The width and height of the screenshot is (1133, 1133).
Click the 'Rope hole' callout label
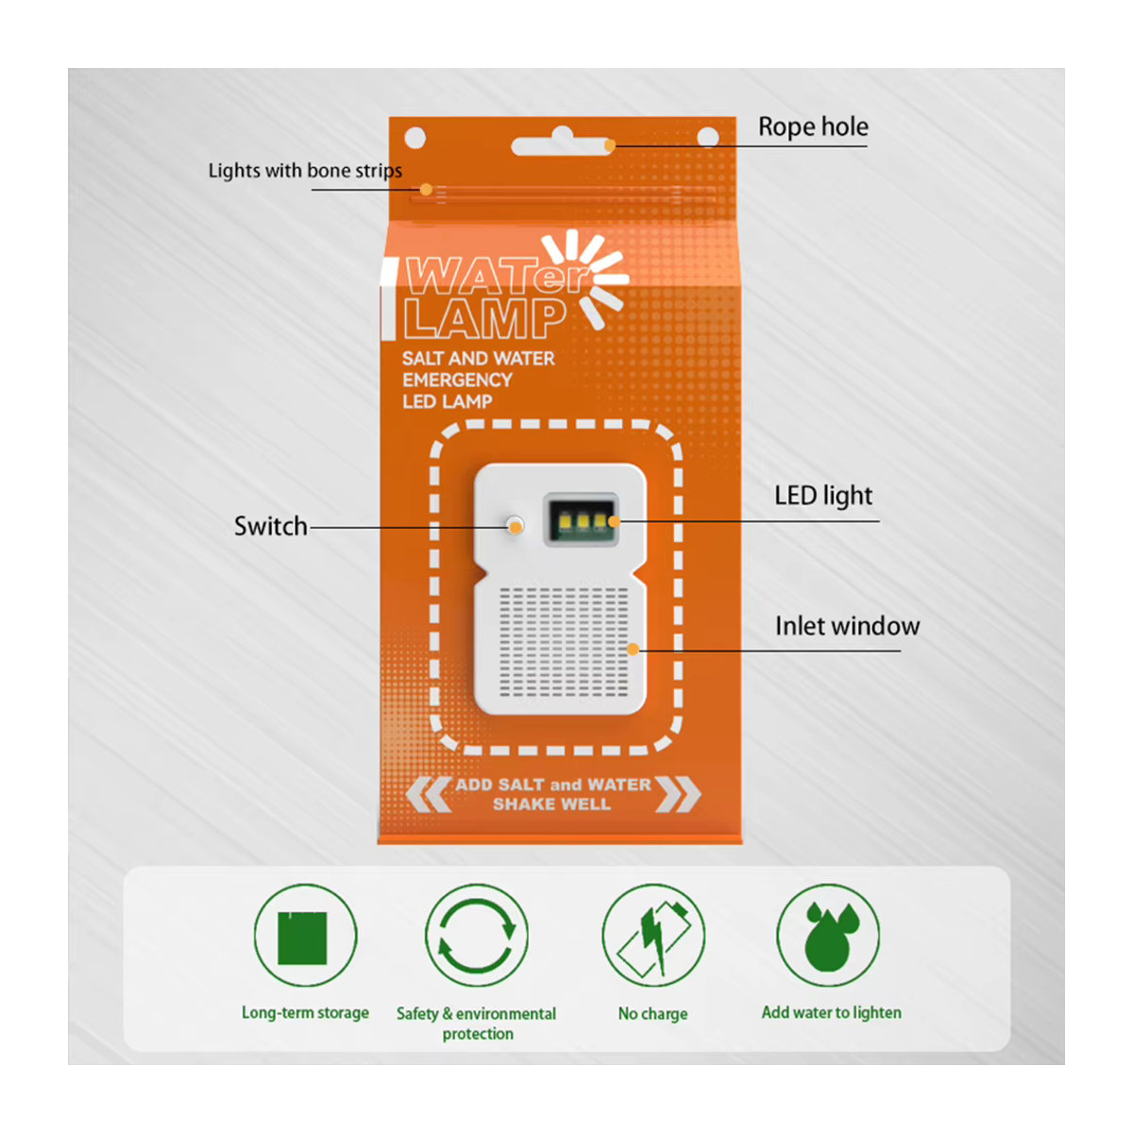coord(813,127)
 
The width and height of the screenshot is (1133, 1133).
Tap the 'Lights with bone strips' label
coord(305,171)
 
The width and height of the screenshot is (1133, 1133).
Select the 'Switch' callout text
coord(270,526)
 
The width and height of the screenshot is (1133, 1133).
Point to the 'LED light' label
coord(823,496)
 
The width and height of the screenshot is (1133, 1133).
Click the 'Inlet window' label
coord(847,626)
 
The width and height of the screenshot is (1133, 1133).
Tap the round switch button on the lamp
coord(515,525)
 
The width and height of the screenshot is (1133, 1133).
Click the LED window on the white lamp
coord(581,519)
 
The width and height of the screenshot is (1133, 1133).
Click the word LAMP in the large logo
coord(484,319)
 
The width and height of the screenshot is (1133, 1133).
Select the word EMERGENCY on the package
coord(457,380)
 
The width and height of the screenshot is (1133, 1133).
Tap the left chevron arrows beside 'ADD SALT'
coord(428,795)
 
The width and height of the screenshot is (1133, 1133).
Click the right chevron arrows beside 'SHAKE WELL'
coord(678,794)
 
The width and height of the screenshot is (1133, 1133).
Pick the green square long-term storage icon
coord(302,939)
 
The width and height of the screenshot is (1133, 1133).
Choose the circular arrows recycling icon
coord(476,936)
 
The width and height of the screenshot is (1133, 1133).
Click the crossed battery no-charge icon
coord(652,936)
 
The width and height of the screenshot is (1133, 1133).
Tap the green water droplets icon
coord(828,936)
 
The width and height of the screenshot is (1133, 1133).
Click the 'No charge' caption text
coord(652,1013)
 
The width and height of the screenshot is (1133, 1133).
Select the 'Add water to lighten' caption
coord(832,1012)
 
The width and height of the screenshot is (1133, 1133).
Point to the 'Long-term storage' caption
coord(305,1012)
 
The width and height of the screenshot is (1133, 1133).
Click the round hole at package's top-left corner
coord(415,138)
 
